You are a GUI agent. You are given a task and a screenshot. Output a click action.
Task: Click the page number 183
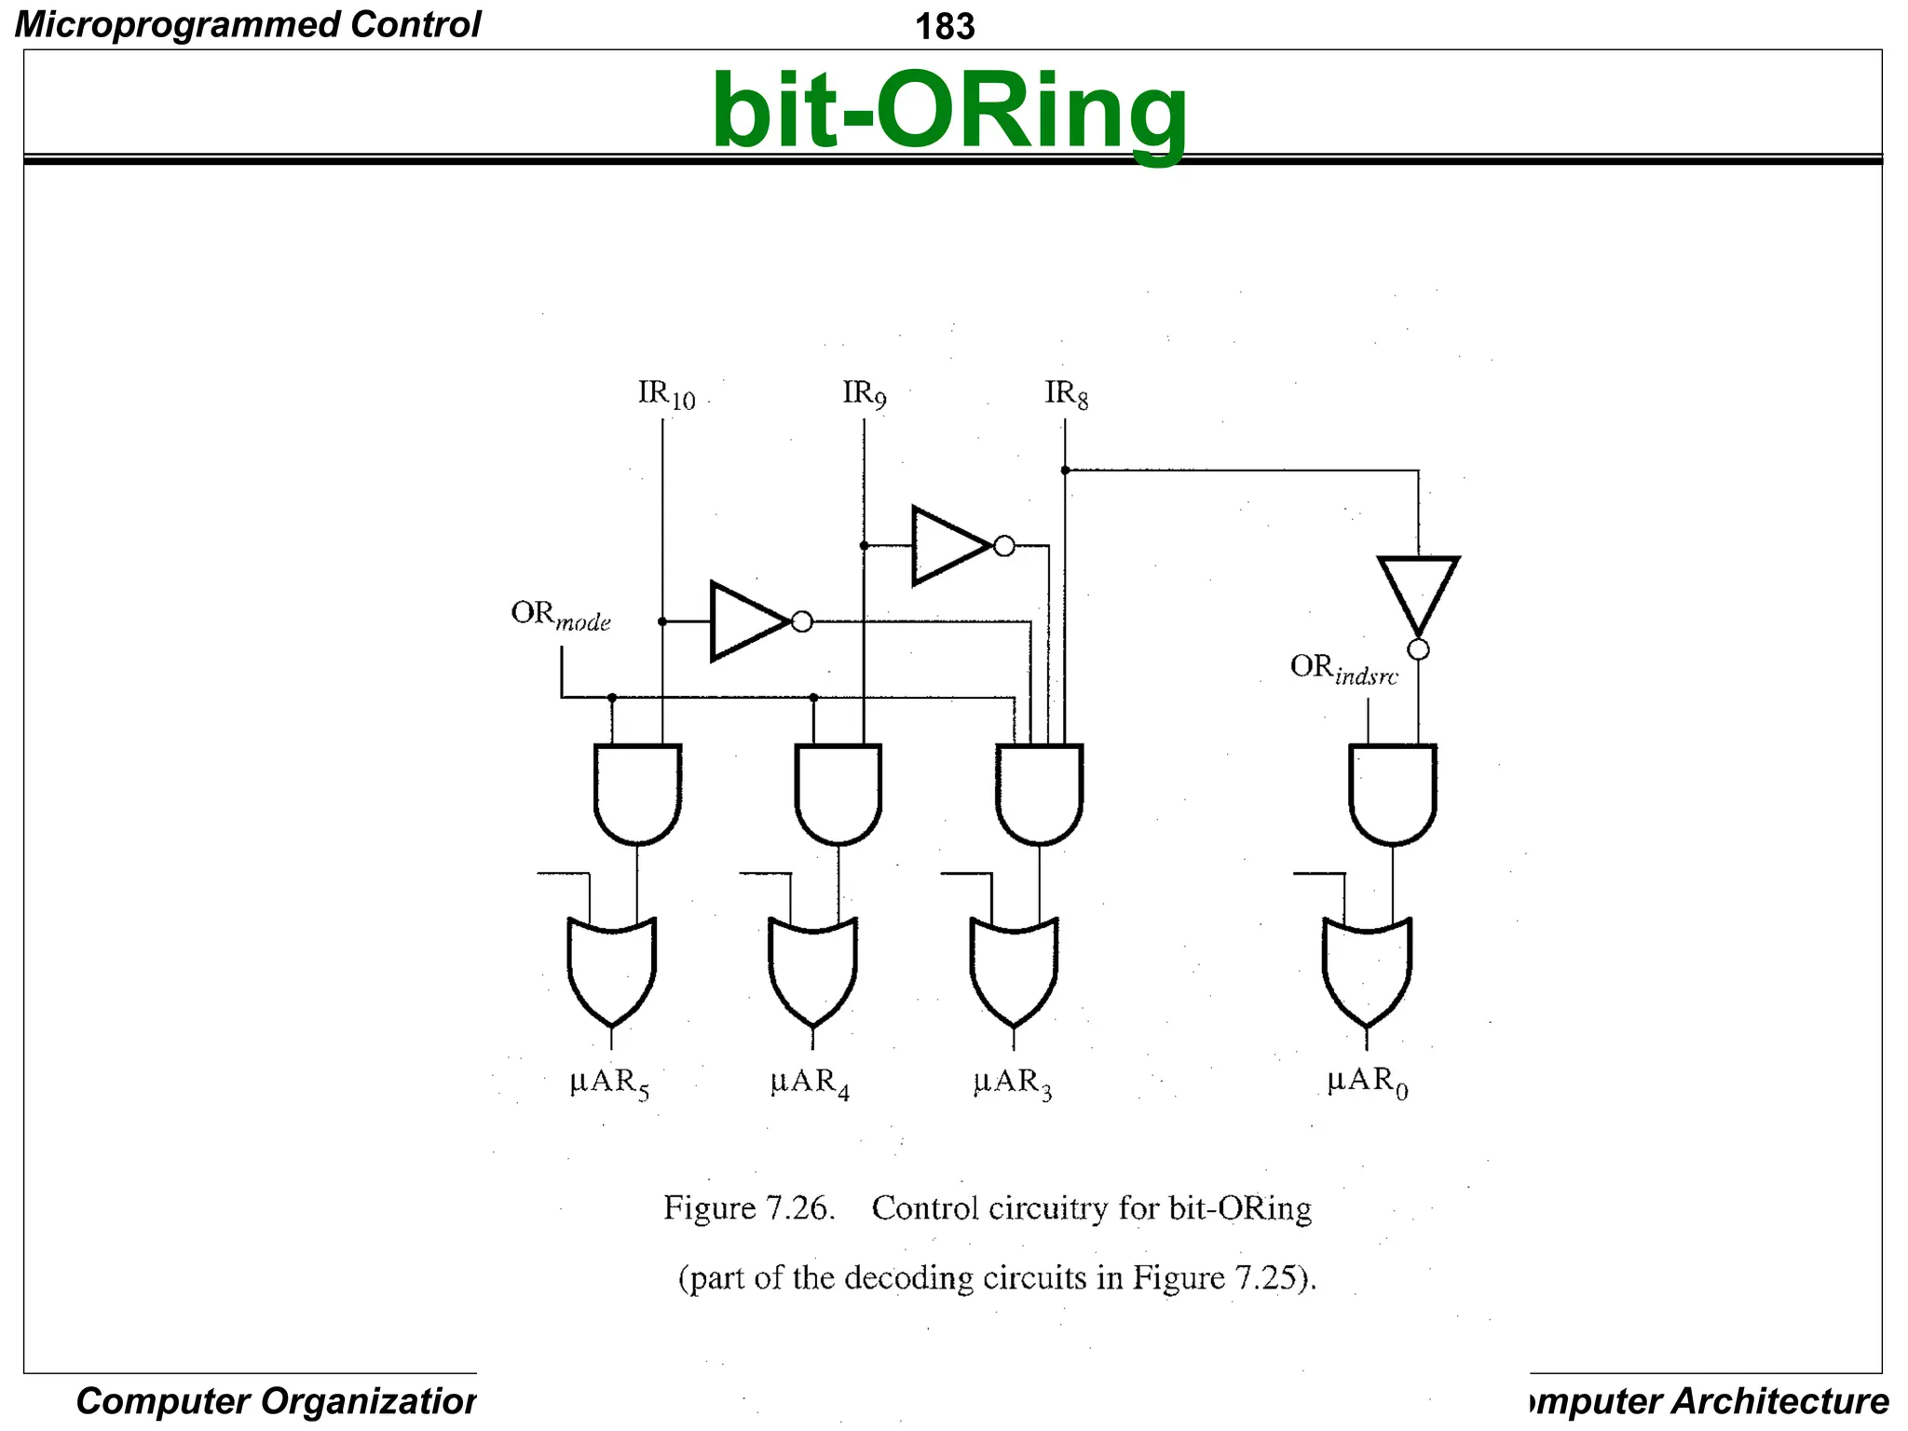[x=944, y=26]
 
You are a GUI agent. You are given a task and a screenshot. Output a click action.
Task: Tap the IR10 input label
[x=665, y=394]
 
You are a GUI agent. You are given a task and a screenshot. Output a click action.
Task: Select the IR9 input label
[x=864, y=394]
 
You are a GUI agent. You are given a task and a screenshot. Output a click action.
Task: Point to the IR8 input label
[x=1066, y=394]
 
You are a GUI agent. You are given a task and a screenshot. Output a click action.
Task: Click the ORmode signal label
[x=560, y=616]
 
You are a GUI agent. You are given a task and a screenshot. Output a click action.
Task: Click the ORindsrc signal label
[x=1342, y=669]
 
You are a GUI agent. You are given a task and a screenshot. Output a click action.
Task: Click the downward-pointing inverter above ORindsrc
[x=1418, y=593]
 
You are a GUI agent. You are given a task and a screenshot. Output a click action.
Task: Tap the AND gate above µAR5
[x=638, y=792]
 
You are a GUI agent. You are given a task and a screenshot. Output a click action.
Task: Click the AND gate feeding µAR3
[x=1039, y=792]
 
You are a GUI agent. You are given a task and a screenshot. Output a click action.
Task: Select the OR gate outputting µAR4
[x=812, y=969]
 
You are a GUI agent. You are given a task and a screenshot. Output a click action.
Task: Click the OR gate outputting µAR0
[x=1367, y=969]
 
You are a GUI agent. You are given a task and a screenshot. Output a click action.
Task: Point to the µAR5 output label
[x=609, y=1083]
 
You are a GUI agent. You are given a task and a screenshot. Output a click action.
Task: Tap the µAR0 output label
[x=1367, y=1083]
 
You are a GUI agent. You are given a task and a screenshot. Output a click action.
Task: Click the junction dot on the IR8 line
[x=1065, y=470]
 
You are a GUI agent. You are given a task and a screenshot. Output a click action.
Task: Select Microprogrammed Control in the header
[x=248, y=24]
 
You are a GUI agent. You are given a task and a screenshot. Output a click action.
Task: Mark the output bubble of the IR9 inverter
[x=1004, y=546]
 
